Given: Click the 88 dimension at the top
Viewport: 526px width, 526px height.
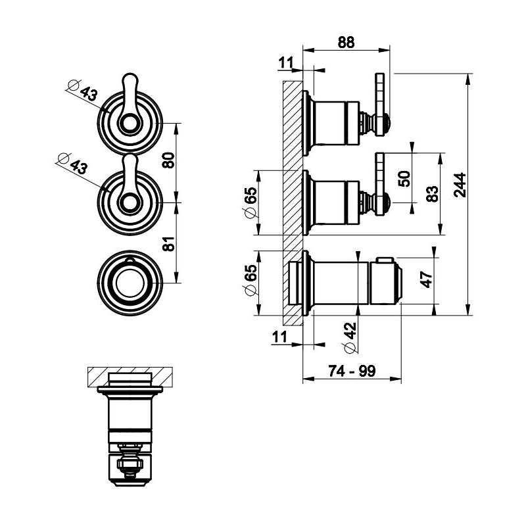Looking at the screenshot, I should coord(347,41).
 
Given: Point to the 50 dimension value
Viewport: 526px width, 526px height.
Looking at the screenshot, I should coord(404,179).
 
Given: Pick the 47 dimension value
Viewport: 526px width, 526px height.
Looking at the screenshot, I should coord(426,279).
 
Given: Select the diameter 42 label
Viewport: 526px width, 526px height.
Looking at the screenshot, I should coord(349,337).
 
